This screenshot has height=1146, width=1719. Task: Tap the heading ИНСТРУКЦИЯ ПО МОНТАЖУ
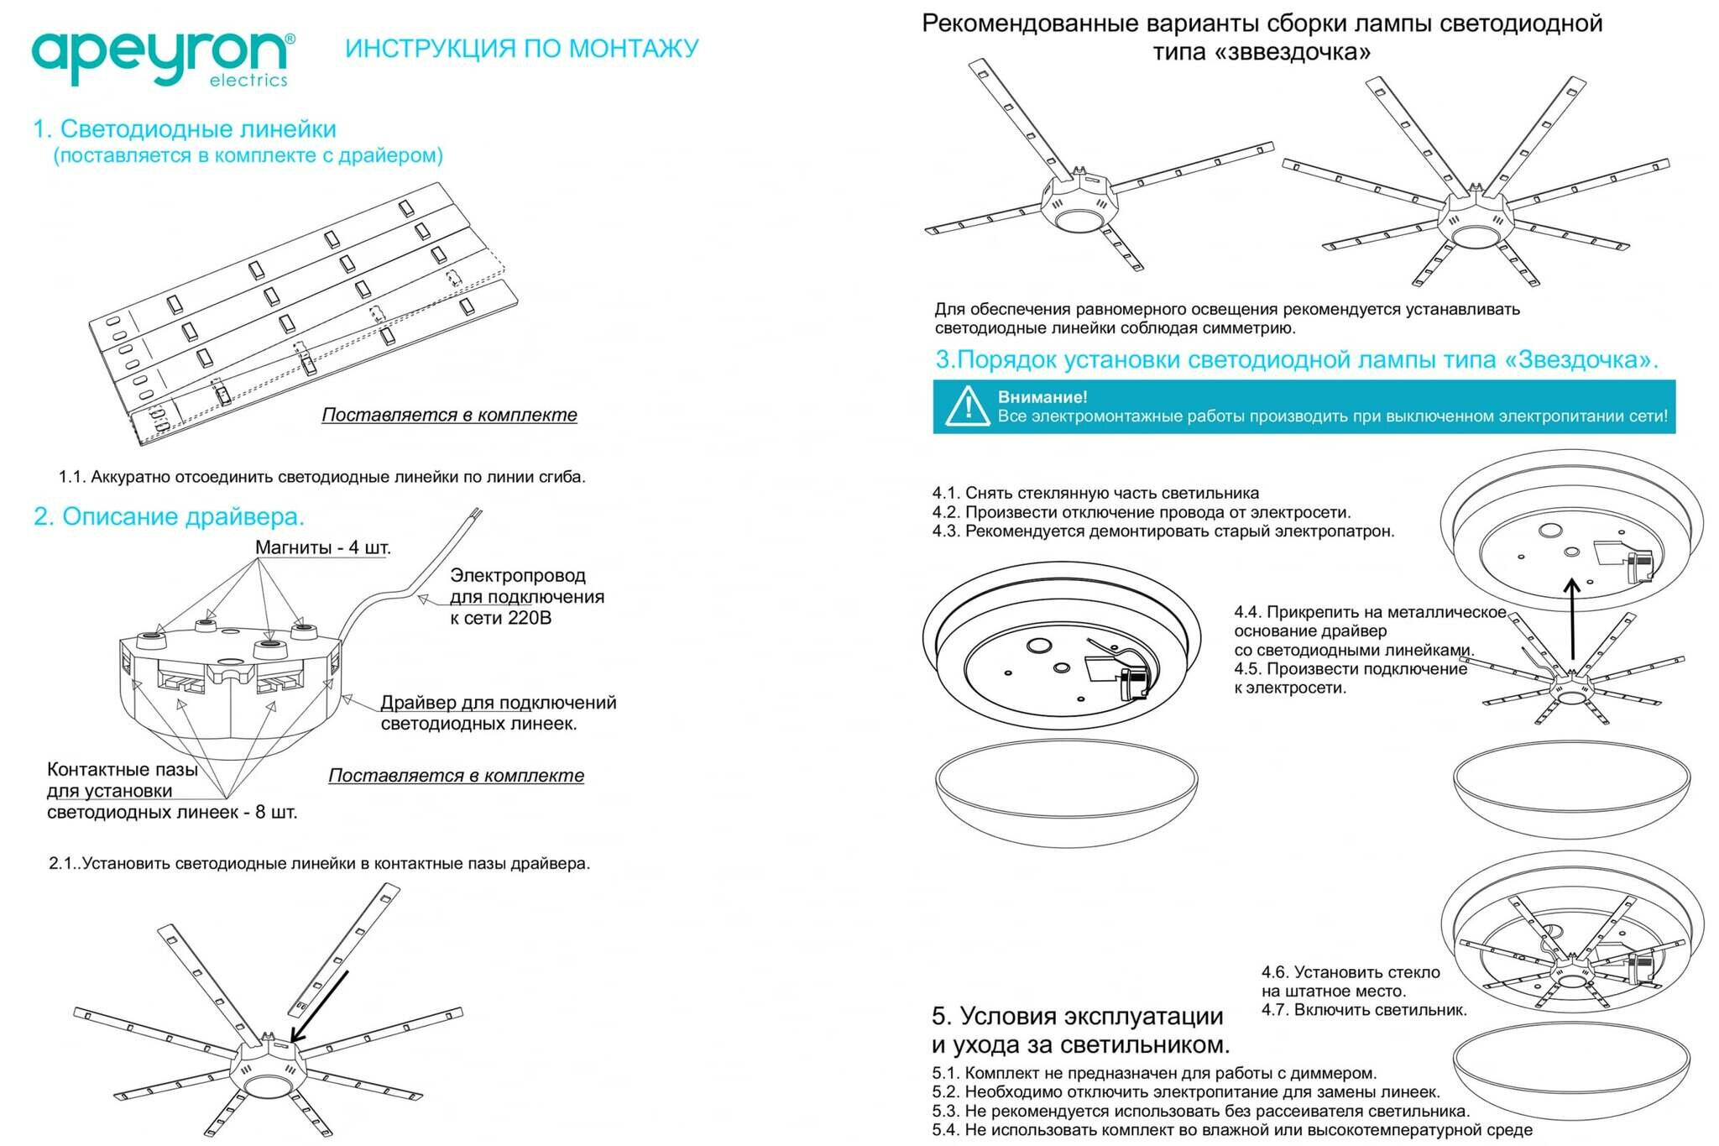coord(521,49)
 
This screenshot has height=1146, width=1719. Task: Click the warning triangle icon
coord(966,406)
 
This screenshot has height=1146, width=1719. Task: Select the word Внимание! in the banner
coord(1042,397)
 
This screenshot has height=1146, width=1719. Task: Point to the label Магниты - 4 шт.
coord(323,547)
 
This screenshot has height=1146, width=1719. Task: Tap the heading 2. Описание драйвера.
coord(169,515)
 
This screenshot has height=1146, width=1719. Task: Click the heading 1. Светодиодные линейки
coord(185,129)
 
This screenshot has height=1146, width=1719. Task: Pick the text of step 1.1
coord(321,477)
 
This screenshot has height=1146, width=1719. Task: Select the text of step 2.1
coord(319,863)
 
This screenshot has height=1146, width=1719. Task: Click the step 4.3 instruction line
coord(1163,531)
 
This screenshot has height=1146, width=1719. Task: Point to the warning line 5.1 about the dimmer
coord(1153,1073)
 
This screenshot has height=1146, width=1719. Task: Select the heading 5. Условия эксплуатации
coord(1077,1016)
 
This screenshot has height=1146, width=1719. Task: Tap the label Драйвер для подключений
coord(498,703)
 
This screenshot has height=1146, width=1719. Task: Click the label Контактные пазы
coord(123,769)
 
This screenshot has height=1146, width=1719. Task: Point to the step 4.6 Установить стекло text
coord(1350,972)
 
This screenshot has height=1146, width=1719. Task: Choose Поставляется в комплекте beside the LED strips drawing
coord(449,415)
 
